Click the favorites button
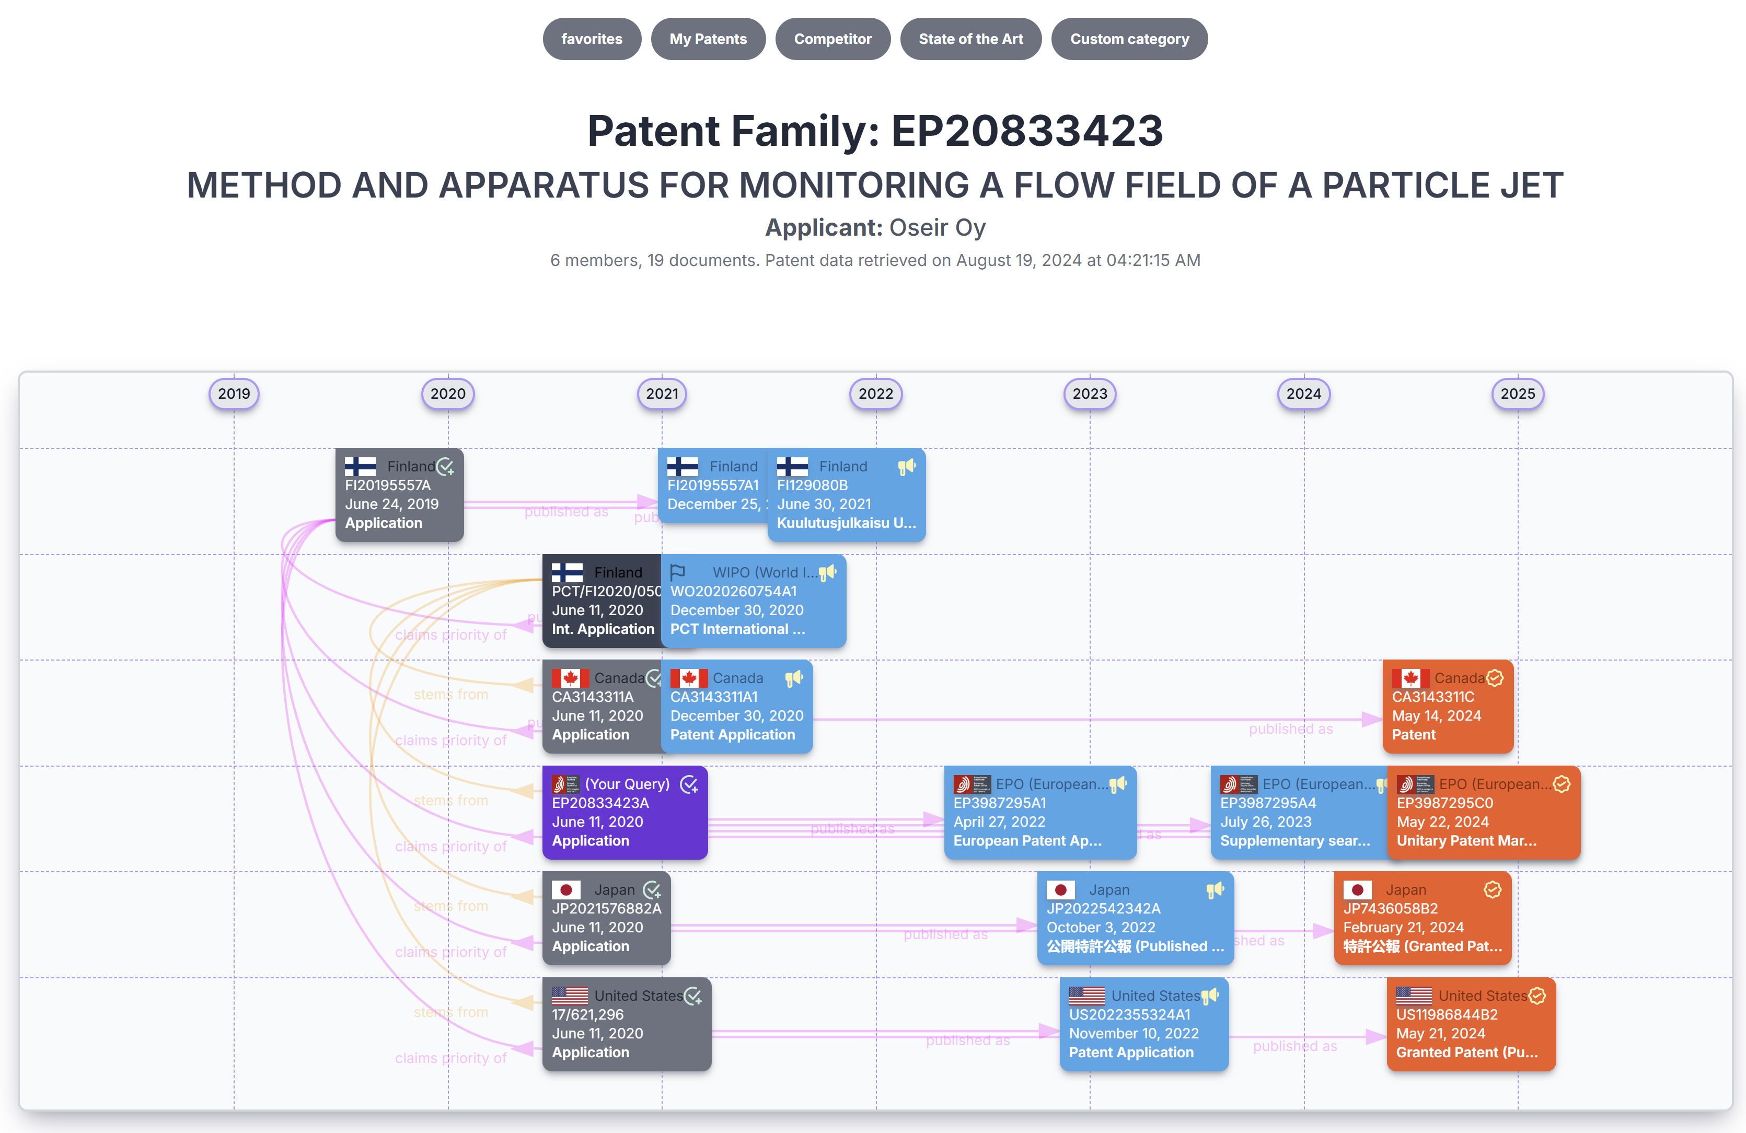[591, 39]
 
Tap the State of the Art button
[970, 39]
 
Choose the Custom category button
[1128, 39]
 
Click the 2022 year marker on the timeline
[875, 394]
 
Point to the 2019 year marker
[234, 394]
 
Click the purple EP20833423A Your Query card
[625, 812]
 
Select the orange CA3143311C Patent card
[1447, 706]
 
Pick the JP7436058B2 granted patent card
[1422, 918]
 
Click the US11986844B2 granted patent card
[1470, 1024]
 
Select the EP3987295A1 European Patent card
[1039, 812]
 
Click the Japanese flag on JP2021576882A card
[565, 890]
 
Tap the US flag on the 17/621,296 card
[569, 996]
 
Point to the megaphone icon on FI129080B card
[907, 467]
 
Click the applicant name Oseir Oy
[937, 227]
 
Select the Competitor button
[832, 39]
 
